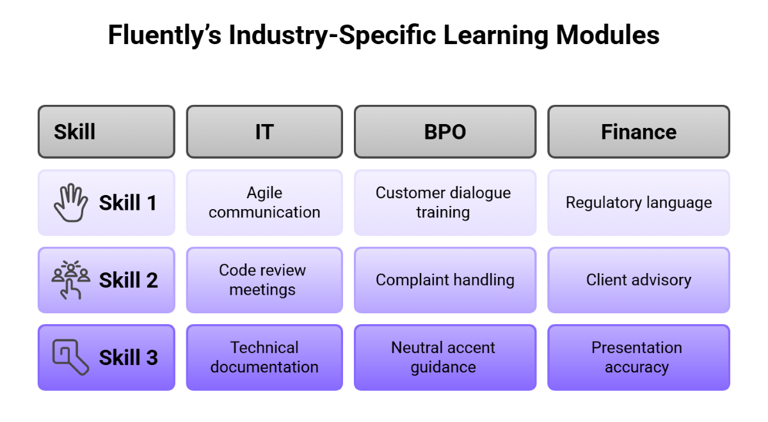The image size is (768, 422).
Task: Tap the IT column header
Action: [264, 132]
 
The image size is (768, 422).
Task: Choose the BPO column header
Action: [445, 132]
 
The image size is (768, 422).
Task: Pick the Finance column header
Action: [638, 132]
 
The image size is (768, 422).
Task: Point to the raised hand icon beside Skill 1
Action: [70, 203]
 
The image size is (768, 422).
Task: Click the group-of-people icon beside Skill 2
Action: [70, 279]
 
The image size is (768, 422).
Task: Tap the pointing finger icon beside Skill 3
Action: [70, 357]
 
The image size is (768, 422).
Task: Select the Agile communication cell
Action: [264, 203]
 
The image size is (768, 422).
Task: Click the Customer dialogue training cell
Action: [444, 203]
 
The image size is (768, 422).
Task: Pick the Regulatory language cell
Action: [638, 203]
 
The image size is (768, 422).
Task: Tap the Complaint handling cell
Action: [444, 279]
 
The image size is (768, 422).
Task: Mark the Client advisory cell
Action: [638, 279]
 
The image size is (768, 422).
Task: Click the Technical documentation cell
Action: [264, 357]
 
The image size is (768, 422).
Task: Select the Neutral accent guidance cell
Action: [444, 357]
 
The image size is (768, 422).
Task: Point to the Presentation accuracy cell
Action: [637, 357]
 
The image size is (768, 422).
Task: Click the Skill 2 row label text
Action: [128, 280]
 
